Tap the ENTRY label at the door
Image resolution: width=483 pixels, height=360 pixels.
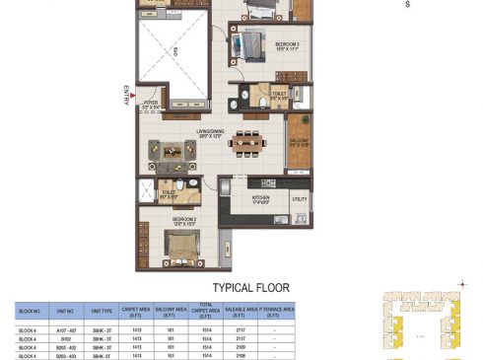tap(126, 96)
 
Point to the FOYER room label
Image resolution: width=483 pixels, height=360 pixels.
tap(151, 102)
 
